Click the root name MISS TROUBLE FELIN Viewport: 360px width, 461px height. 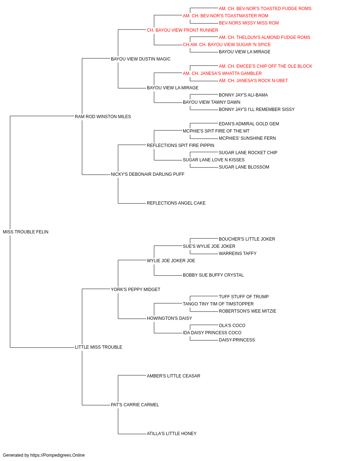(26, 232)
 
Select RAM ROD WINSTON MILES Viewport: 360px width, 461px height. (103, 117)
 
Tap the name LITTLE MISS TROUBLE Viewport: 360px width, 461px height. (99, 347)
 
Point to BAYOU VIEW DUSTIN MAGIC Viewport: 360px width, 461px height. (140, 59)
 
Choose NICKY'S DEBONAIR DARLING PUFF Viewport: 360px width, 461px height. (148, 174)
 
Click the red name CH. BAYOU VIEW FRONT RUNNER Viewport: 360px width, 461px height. (183, 30)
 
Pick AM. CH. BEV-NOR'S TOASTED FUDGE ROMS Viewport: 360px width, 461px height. (265, 9)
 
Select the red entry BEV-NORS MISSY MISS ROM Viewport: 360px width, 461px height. (249, 23)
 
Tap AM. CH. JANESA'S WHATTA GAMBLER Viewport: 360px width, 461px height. (222, 73)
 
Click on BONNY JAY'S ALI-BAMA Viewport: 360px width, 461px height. (243, 95)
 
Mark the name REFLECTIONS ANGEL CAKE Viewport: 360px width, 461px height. (176, 203)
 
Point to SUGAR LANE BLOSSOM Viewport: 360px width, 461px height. (244, 167)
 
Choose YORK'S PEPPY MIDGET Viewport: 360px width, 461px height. (135, 290)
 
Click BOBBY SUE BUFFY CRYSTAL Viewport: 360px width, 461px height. (213, 275)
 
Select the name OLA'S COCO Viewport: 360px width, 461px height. (232, 326)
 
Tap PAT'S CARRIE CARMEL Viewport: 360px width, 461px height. (135, 405)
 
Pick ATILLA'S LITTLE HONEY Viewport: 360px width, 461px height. (172, 434)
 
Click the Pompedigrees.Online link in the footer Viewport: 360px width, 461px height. (58, 455)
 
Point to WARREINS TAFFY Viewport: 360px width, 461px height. (238, 254)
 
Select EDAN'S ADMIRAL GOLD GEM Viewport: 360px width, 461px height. (249, 124)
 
